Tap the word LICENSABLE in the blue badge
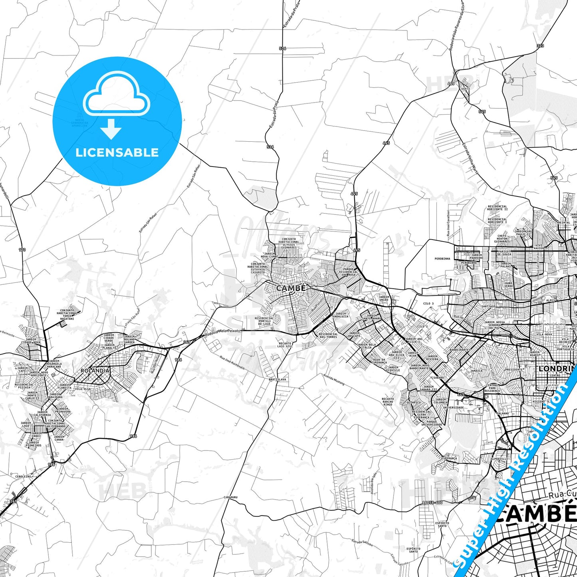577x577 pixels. [117, 153]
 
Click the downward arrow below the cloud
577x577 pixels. [111, 129]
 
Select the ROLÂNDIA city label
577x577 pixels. [95, 371]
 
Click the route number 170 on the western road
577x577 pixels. [22, 250]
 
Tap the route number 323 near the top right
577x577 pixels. [540, 46]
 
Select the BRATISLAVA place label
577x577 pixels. [278, 379]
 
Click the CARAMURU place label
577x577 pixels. [230, 498]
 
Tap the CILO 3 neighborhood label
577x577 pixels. [428, 303]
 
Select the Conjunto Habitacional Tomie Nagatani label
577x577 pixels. [67, 315]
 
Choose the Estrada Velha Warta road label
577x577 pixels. [470, 159]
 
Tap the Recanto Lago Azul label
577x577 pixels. [286, 345]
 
